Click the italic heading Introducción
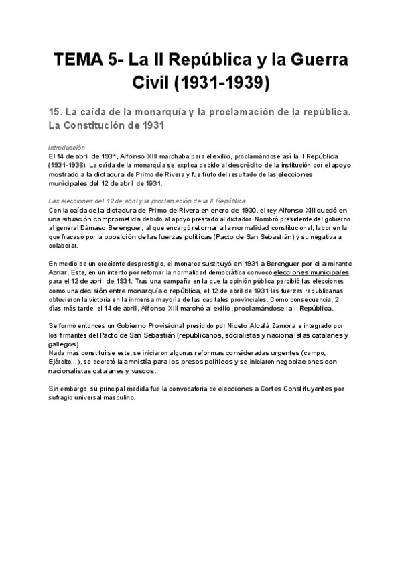pyautogui.click(x=67, y=146)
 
